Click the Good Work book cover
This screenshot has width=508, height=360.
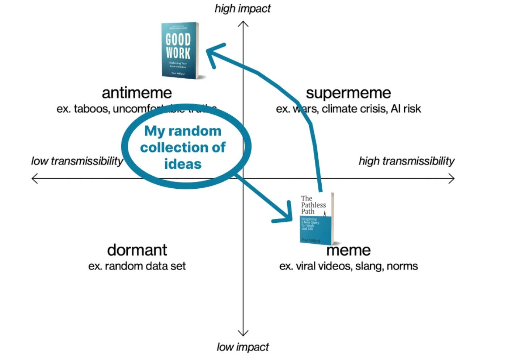point(180,50)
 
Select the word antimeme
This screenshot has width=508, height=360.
point(137,93)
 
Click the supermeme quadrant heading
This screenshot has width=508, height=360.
point(348,93)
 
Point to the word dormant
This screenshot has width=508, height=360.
point(137,250)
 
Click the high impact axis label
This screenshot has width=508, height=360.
point(242,8)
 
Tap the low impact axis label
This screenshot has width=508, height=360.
point(242,347)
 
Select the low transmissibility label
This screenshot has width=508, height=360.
point(77,161)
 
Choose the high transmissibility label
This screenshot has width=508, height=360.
point(406,161)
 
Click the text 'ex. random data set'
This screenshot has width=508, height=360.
point(137,266)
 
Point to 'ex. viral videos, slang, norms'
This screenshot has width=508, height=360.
point(348,266)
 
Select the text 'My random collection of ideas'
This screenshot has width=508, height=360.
point(183,147)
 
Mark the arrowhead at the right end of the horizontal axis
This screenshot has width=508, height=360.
point(452,178)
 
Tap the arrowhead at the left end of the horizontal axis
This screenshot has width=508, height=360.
point(35,178)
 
